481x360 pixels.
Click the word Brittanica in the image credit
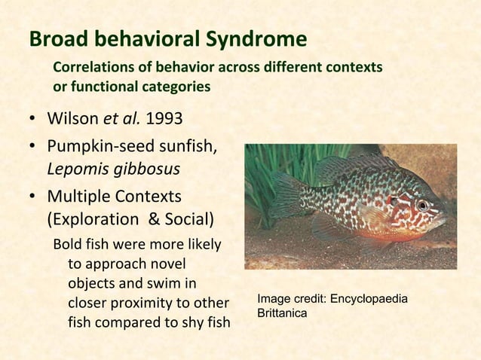coord(281,313)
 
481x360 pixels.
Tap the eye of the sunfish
coord(422,204)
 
